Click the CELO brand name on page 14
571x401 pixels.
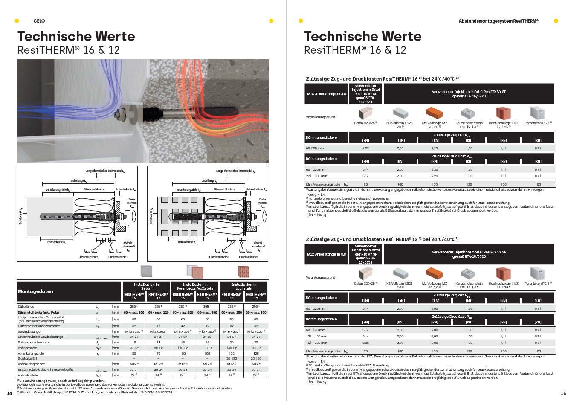39,21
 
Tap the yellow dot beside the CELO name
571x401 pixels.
17,21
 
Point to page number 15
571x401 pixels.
563,393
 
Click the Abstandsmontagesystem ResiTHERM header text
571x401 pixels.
498,21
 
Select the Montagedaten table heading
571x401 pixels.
35,291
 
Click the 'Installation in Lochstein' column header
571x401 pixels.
243,286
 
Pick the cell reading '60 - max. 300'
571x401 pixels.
134,312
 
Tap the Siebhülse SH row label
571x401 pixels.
27,358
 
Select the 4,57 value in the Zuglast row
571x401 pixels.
365,148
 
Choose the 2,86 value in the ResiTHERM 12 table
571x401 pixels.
365,343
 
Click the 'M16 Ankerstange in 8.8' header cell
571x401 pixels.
327,94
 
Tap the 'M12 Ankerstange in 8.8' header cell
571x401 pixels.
327,254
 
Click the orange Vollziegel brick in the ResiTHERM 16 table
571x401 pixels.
435,113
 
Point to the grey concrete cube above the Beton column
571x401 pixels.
146,271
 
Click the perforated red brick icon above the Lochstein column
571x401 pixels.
244,271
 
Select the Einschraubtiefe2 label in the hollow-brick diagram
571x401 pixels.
219,257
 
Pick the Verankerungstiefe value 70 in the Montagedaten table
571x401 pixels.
158,353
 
